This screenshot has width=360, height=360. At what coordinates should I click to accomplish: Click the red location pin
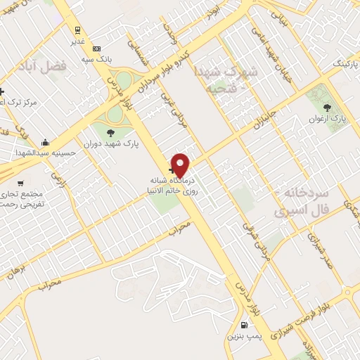pyautogui.click(x=181, y=165)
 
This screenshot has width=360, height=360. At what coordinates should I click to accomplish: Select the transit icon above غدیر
pyautogui.click(x=77, y=30)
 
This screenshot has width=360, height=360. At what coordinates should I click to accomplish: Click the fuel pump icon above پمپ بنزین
pyautogui.click(x=244, y=325)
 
